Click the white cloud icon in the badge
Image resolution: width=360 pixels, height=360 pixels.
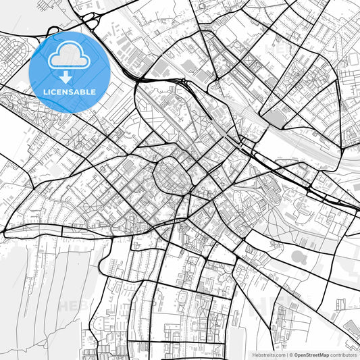70,56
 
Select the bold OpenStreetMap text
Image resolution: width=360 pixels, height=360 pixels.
312,354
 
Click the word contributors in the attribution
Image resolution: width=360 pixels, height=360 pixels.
343,354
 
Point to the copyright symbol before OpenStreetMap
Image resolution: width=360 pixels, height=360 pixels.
291,354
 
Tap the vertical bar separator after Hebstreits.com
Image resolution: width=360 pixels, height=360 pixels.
286,354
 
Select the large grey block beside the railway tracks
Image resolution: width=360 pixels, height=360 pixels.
277,118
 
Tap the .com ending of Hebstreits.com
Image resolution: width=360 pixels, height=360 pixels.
278,354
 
